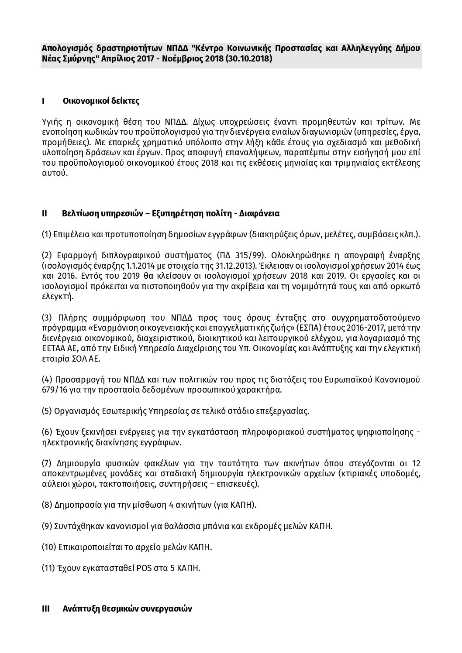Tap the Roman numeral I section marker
[43, 101]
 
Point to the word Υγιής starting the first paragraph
[51, 121]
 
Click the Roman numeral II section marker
[44, 214]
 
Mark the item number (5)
[47, 411]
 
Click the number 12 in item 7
[416, 463]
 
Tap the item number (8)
[47, 505]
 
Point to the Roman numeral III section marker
[45, 609]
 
